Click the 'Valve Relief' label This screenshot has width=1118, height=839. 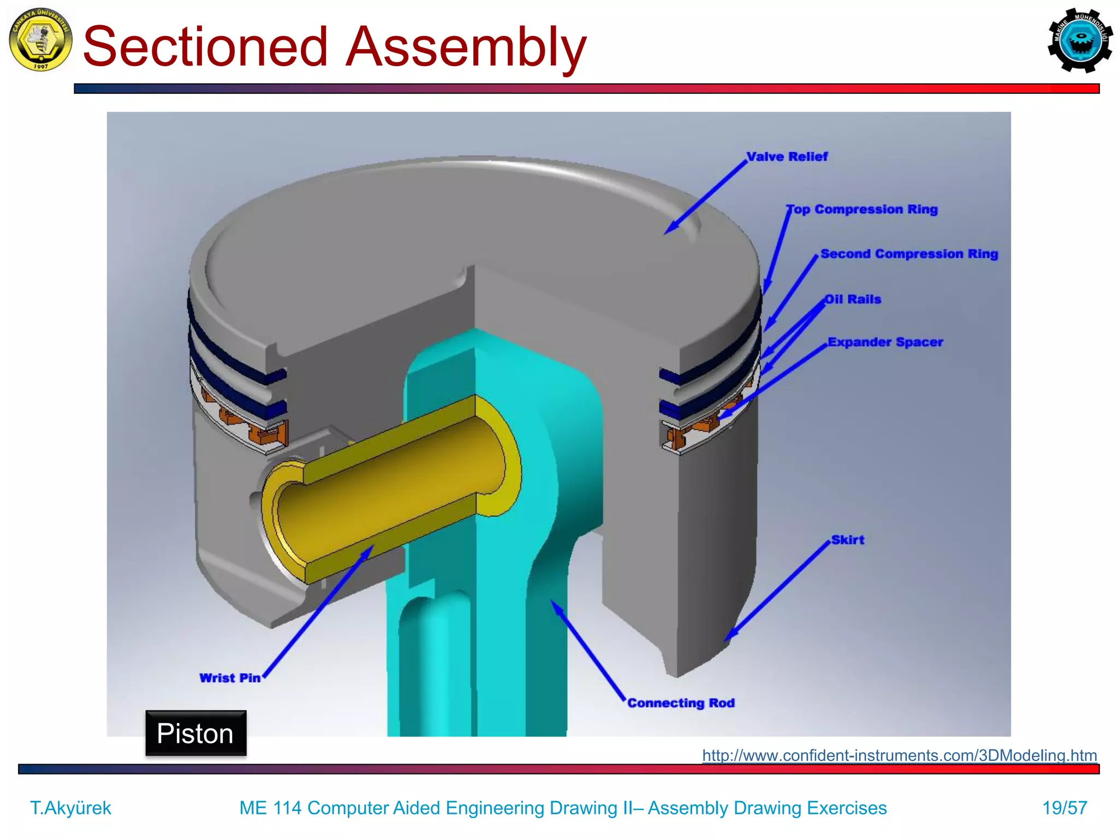(787, 157)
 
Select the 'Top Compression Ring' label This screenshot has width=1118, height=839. (862, 209)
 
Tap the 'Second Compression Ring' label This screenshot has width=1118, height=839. (909, 254)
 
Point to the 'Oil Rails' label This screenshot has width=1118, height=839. (853, 299)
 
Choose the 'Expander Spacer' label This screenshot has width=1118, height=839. (885, 342)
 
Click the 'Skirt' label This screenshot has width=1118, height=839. (847, 540)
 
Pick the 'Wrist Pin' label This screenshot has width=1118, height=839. (230, 678)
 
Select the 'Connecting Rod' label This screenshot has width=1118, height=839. (681, 703)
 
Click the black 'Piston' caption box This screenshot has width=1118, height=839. (195, 733)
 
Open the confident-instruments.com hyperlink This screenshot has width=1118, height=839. (899, 755)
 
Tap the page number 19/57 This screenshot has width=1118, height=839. (1065, 807)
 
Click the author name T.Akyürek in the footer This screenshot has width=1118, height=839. (70, 807)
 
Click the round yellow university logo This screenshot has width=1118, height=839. (40, 39)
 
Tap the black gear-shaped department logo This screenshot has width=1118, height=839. (1080, 40)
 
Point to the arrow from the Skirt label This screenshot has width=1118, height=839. (778, 590)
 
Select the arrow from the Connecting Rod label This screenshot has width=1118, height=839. (588, 650)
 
